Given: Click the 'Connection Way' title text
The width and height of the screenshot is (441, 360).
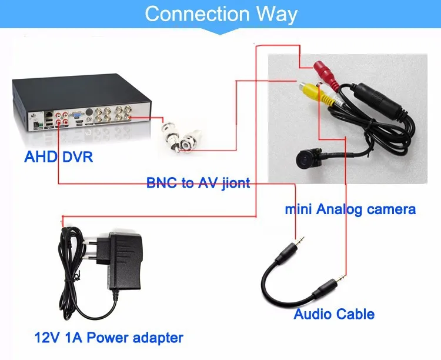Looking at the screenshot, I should [220, 14].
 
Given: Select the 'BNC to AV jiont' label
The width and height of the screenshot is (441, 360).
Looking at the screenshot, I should [198, 183].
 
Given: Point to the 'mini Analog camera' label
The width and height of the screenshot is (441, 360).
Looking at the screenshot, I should [350, 208].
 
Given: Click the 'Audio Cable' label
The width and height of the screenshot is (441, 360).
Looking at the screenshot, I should [334, 314].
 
